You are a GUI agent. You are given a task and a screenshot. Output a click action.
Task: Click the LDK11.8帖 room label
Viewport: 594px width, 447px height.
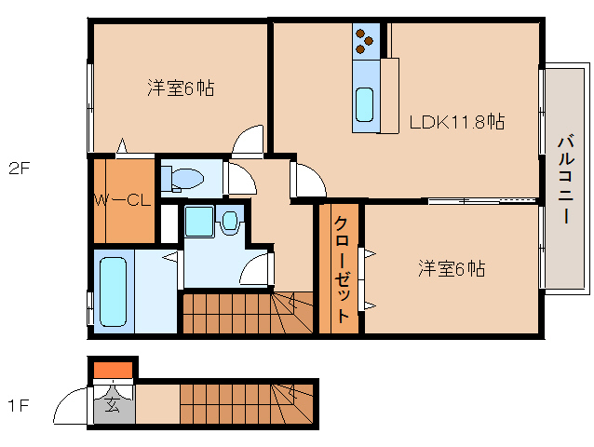click(457, 122)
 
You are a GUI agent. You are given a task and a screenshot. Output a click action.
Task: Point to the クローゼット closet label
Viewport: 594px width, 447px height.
click(341, 270)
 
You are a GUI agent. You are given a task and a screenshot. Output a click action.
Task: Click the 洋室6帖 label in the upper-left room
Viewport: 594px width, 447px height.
click(181, 88)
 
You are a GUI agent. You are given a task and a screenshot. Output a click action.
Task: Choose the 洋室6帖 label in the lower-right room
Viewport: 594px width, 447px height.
click(451, 269)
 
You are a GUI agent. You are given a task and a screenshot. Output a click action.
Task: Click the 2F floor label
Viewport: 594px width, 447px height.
click(20, 169)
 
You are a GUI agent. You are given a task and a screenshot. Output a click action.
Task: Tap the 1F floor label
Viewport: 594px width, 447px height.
click(20, 406)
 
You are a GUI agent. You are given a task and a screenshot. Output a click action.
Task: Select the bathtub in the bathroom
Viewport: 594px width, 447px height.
click(112, 291)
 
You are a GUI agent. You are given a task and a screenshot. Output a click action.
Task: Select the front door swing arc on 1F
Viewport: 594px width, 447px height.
click(73, 407)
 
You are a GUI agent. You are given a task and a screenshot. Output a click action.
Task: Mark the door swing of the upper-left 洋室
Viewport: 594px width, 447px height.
click(250, 142)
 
